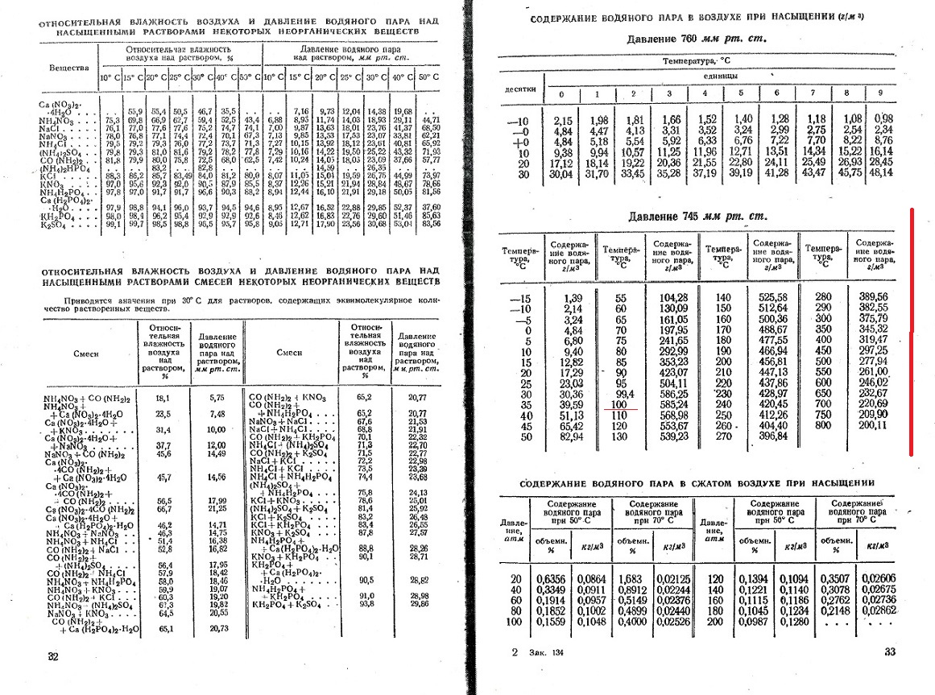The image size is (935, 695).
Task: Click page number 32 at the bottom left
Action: pos(54,656)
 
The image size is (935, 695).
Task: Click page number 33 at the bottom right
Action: pos(890,652)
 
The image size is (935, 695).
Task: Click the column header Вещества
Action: pos(69,68)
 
